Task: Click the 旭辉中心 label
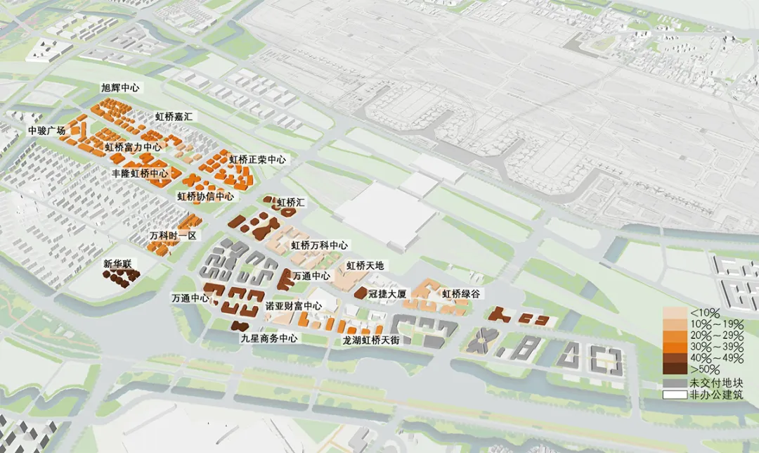pyautogui.click(x=119, y=88)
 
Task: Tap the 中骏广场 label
pyautogui.click(x=46, y=130)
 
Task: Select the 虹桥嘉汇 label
pyautogui.click(x=174, y=116)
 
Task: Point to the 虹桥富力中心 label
pyautogui.click(x=133, y=147)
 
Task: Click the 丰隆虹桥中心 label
pyautogui.click(x=139, y=173)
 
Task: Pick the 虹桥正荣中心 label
pyautogui.click(x=257, y=160)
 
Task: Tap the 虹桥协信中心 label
pyautogui.click(x=205, y=196)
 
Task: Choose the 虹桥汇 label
pyautogui.click(x=290, y=203)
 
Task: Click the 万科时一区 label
pyautogui.click(x=173, y=235)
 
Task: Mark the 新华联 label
pyautogui.click(x=117, y=264)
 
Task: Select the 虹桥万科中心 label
pyautogui.click(x=319, y=245)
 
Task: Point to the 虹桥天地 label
pyautogui.click(x=365, y=266)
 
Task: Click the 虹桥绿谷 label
pyautogui.click(x=460, y=293)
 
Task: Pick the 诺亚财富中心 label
pyautogui.click(x=293, y=306)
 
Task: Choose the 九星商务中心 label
pyautogui.click(x=269, y=338)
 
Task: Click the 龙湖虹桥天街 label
pyautogui.click(x=370, y=340)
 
